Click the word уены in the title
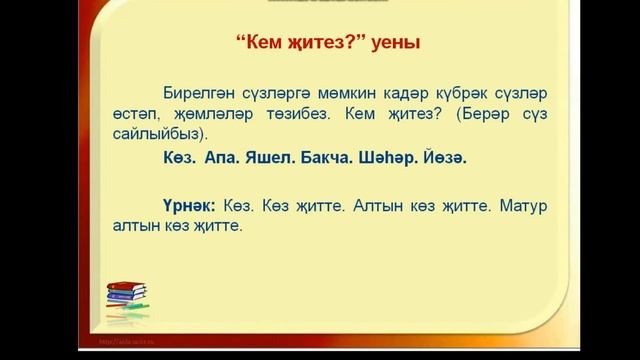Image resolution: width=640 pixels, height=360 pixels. (x=392, y=44)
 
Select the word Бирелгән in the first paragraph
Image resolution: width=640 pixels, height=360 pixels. (x=203, y=88)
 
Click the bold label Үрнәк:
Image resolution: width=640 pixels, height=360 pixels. (x=191, y=204)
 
